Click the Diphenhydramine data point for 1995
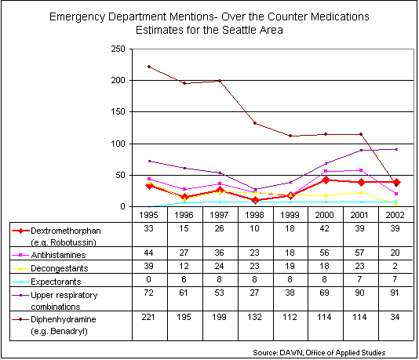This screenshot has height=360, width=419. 149,67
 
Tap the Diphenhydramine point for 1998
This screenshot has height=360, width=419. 255,123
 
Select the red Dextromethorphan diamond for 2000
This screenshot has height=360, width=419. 326,180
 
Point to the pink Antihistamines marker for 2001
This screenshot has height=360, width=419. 361,170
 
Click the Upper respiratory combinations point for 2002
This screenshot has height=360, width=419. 396,149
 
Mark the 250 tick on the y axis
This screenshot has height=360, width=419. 118,49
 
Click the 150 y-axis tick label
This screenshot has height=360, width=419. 118,111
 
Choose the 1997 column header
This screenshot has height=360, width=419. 219,215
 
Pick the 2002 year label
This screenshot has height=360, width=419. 395,215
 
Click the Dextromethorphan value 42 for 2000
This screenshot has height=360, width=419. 324,228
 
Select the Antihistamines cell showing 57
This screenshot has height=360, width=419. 359,253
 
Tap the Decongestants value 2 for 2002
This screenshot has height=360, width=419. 395,266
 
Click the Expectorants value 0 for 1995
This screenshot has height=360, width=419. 148,279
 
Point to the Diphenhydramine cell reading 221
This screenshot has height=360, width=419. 148,317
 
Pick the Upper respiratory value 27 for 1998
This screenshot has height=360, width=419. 254,293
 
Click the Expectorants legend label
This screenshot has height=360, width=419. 56,282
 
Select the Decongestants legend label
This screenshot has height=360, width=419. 60,268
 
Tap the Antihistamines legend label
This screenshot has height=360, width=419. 58,255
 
